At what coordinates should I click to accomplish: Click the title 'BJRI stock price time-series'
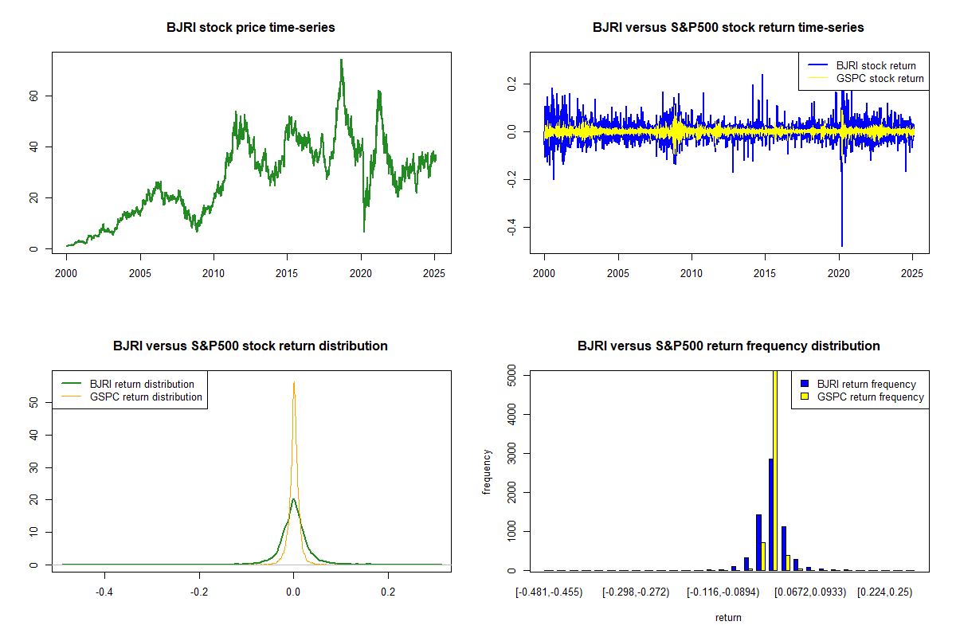pos(250,27)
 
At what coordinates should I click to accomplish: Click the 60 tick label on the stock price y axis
pos(33,96)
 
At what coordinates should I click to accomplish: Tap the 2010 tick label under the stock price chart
pos(214,273)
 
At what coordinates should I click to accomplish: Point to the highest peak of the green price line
pos(342,60)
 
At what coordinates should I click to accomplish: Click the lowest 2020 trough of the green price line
pos(364,232)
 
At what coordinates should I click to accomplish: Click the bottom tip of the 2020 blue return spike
pos(842,246)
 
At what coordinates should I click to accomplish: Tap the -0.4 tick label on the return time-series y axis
pos(511,227)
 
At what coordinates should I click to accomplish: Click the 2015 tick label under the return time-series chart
pos(765,273)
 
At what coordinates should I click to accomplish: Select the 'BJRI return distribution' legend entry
pos(127,384)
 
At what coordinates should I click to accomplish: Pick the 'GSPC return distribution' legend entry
pos(131,397)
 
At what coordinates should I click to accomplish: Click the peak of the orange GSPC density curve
pos(294,382)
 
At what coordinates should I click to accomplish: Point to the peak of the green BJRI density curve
pos(294,498)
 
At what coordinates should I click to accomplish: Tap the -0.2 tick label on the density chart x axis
pos(199,592)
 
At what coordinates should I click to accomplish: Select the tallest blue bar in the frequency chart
pos(771,514)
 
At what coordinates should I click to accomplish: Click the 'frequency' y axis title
pos(487,472)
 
